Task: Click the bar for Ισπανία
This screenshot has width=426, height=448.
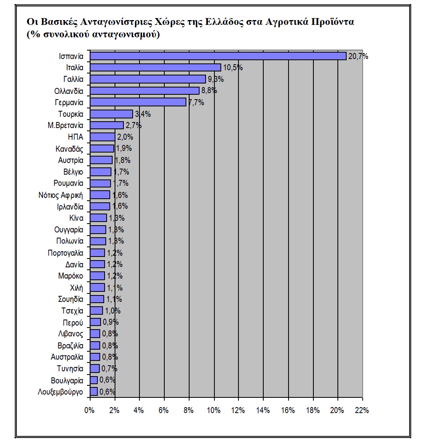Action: click(x=218, y=56)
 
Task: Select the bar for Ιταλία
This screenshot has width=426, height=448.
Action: click(x=155, y=67)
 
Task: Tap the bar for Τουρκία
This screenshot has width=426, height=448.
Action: click(x=111, y=114)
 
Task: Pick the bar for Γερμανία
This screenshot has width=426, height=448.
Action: click(x=138, y=102)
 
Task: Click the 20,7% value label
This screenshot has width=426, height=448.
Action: click(x=358, y=56)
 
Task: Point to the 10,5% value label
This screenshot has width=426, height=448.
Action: click(x=233, y=68)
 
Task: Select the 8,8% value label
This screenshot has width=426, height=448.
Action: click(x=209, y=91)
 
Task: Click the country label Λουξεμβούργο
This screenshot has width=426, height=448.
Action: click(x=61, y=392)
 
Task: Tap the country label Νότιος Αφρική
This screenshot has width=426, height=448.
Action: click(x=61, y=195)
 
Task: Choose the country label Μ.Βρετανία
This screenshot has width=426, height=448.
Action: click(x=65, y=125)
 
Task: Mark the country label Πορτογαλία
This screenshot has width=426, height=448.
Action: click(x=65, y=253)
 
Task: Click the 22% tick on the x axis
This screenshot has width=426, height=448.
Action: click(x=362, y=410)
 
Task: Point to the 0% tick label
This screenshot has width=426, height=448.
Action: click(x=89, y=410)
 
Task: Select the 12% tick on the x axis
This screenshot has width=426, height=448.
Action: click(x=238, y=410)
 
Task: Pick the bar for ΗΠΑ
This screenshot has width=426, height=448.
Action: click(x=102, y=137)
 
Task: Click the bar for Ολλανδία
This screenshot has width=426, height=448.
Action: click(x=145, y=91)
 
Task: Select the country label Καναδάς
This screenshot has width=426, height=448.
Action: click(x=69, y=149)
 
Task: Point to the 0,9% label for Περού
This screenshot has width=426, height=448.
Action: click(x=111, y=322)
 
